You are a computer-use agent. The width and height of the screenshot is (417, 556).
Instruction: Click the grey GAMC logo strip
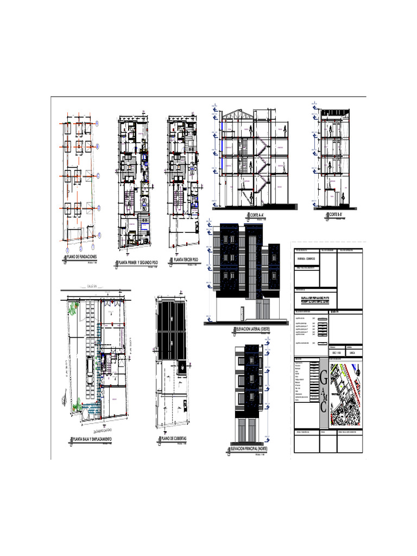[x=324, y=391]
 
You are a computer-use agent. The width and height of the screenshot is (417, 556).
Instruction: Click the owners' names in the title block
[x=315, y=299]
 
